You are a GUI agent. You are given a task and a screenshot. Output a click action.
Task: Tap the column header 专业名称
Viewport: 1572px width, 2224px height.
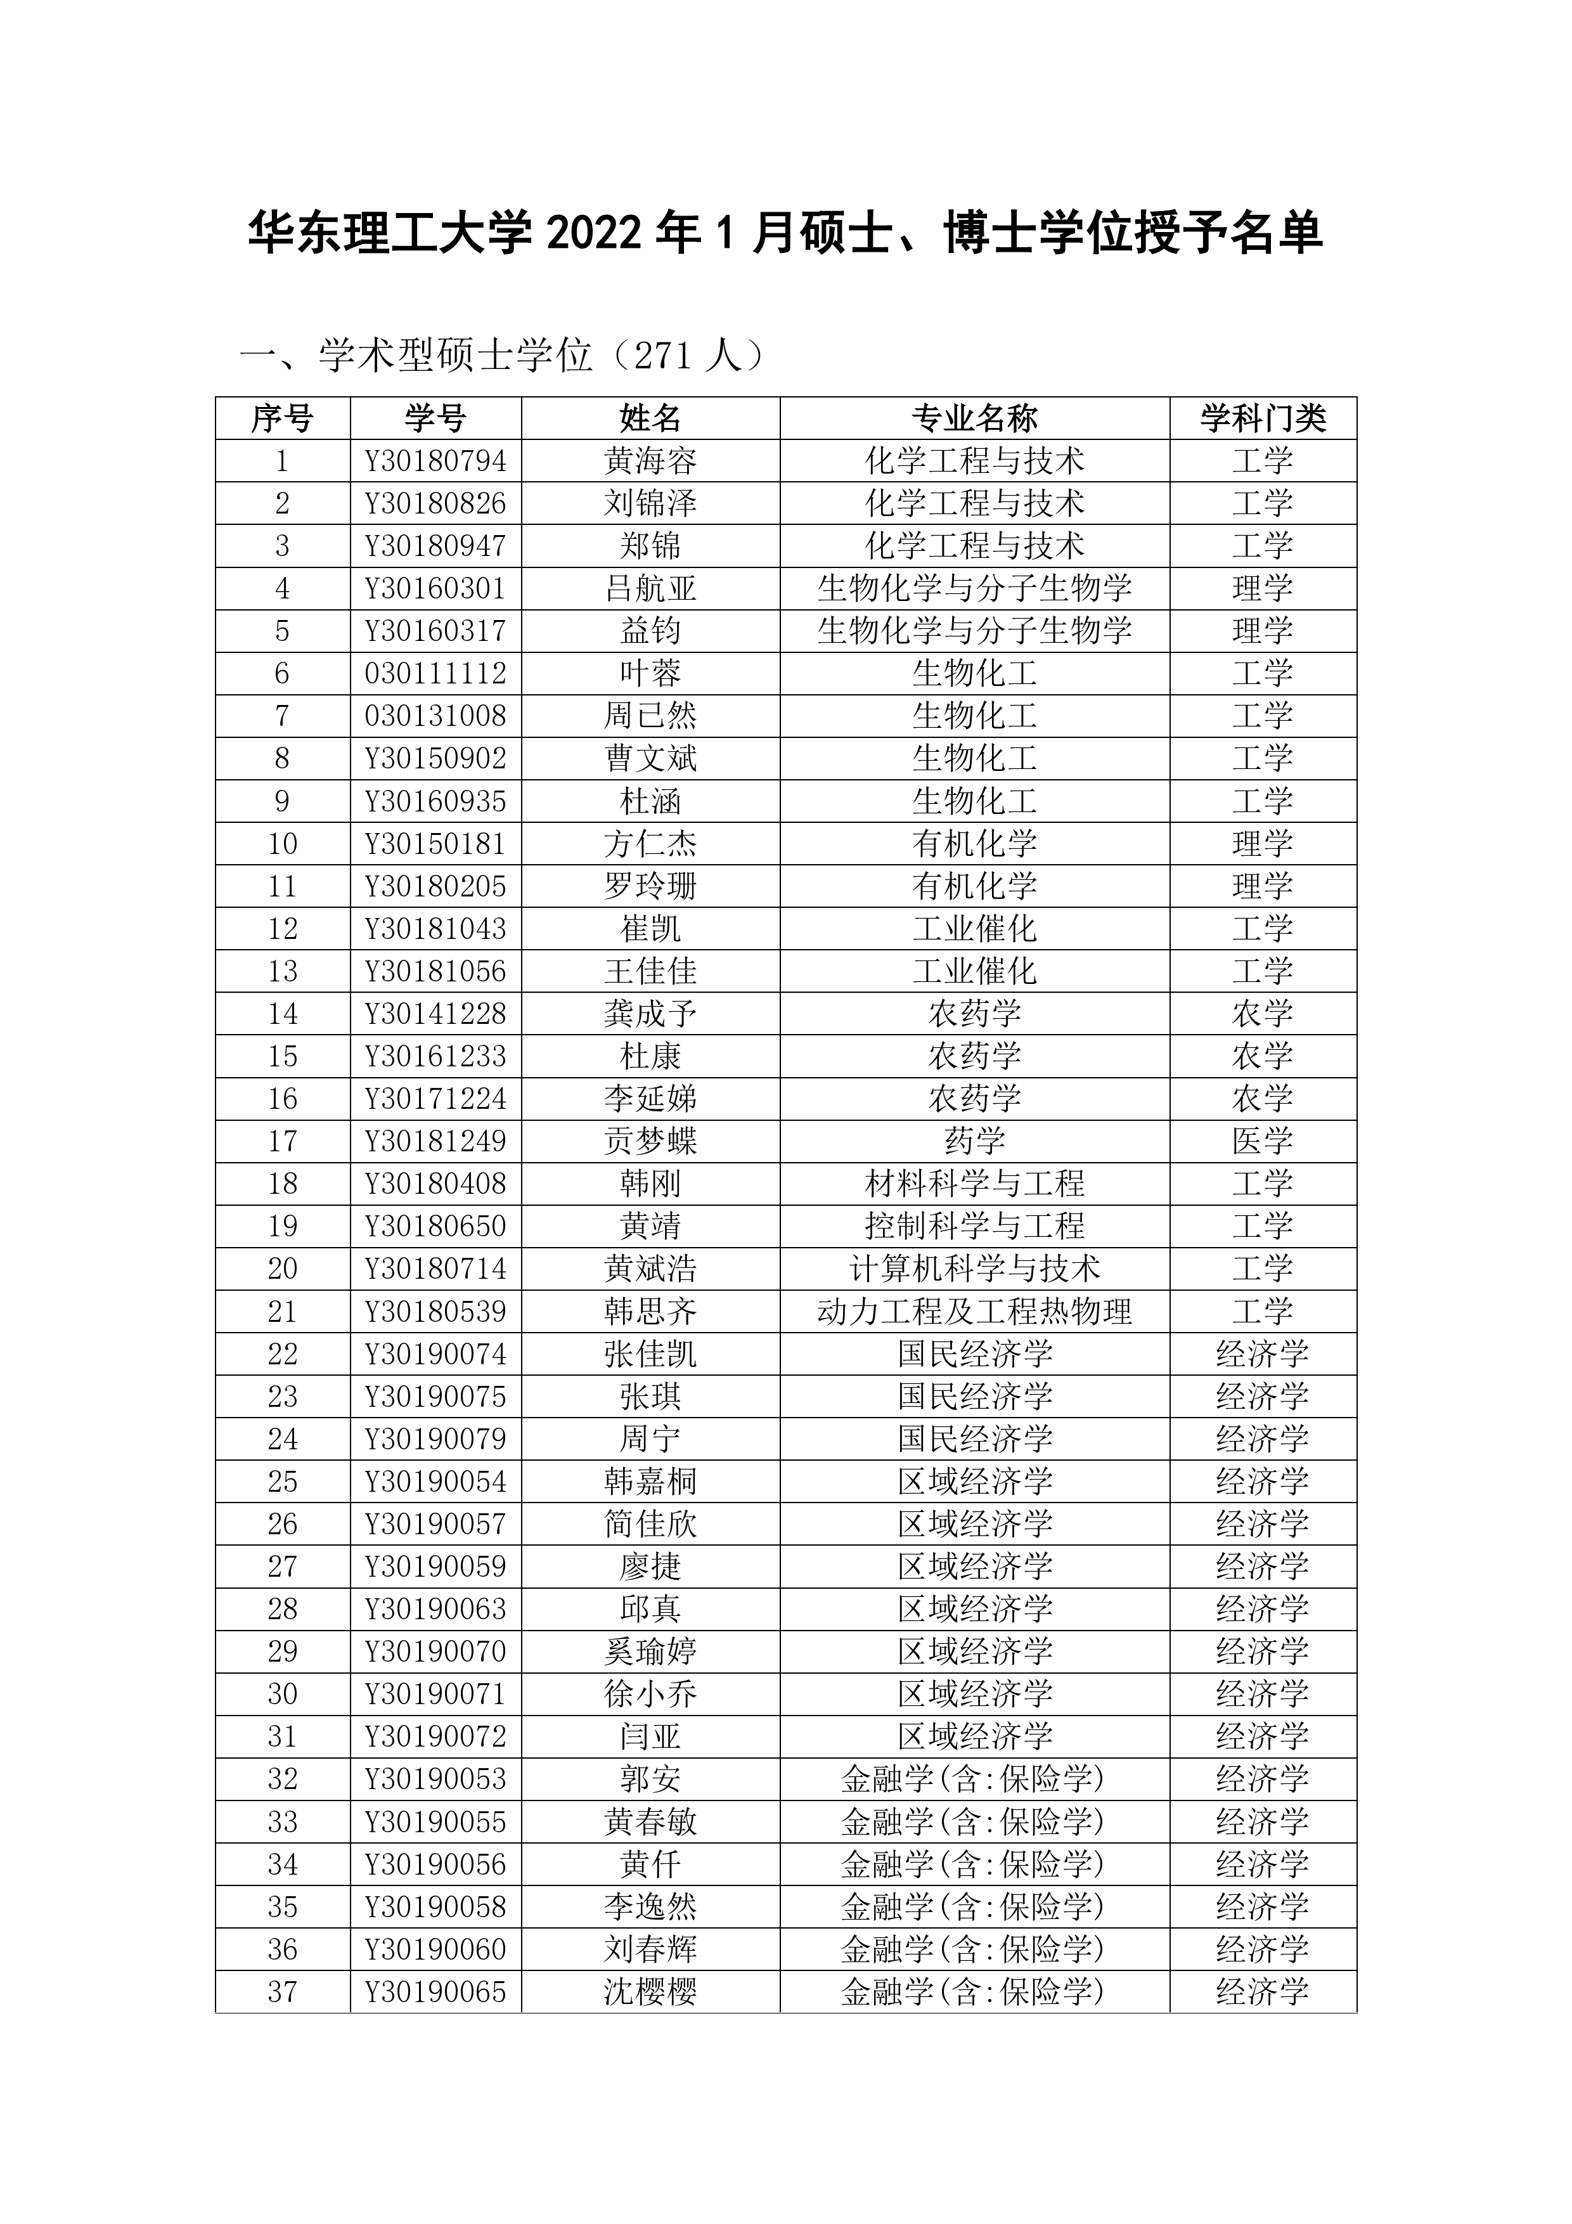[974, 418]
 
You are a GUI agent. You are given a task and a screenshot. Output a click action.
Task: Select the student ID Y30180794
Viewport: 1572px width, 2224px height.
[436, 461]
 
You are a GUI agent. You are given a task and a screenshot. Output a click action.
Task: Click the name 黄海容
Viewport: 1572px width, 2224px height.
[650, 461]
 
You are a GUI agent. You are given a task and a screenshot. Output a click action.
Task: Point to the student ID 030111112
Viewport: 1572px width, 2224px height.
[436, 673]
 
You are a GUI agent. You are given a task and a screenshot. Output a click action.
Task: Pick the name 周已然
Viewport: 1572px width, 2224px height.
[650, 716]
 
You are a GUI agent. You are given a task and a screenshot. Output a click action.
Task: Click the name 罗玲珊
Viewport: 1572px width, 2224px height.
[650, 886]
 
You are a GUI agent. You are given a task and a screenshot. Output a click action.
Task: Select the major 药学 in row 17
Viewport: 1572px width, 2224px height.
[974, 1141]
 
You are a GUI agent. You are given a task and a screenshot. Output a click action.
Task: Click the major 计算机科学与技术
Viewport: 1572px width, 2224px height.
[974, 1269]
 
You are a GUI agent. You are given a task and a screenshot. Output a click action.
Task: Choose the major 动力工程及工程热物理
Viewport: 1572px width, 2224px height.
[974, 1312]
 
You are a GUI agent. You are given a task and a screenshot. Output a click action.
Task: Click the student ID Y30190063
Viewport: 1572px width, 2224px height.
[436, 1610]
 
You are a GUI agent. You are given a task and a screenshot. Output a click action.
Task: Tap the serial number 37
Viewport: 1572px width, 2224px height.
[282, 1993]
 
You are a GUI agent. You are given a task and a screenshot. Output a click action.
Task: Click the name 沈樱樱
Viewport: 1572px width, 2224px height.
[650, 1993]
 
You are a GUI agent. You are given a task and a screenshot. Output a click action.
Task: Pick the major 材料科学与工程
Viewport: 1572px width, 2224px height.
[974, 1184]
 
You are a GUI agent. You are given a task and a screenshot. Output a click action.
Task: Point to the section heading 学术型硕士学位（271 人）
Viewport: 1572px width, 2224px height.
[504, 356]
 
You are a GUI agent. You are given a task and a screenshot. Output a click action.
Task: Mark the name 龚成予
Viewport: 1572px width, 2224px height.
[650, 1014]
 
